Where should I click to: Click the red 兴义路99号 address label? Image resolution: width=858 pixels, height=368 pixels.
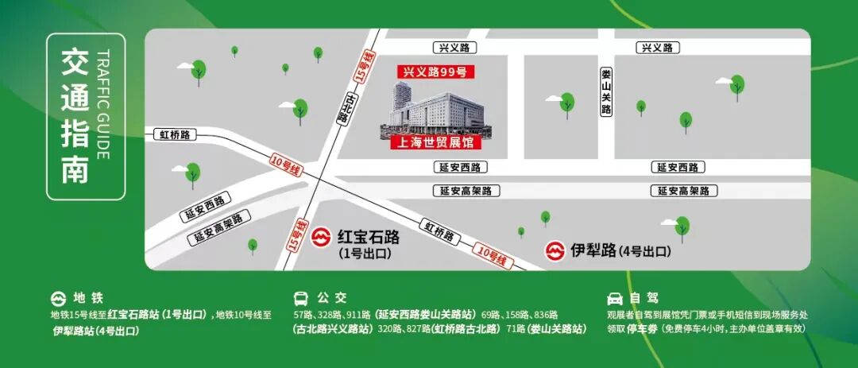pos(435,72)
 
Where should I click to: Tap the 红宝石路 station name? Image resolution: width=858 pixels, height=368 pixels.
pos(369,238)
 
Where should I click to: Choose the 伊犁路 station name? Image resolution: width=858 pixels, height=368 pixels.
pos(593,250)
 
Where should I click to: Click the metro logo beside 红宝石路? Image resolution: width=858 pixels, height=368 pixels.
pos(321,238)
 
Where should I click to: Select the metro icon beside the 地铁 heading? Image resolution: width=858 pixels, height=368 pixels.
pos(58,299)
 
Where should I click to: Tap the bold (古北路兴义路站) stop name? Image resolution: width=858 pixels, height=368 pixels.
pos(333,328)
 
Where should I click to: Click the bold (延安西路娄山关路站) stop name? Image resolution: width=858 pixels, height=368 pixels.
pos(427,314)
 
